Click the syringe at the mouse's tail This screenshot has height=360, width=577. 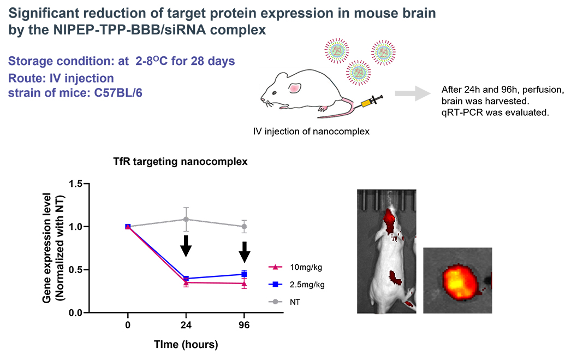pyautogui.click(x=370, y=102)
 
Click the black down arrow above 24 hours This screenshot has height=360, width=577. pyautogui.click(x=186, y=245)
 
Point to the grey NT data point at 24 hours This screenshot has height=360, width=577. pyautogui.click(x=186, y=219)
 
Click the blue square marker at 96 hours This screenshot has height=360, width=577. pyautogui.click(x=244, y=274)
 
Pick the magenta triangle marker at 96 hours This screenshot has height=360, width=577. pyautogui.click(x=244, y=284)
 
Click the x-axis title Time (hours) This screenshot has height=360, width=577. pyautogui.click(x=186, y=345)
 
